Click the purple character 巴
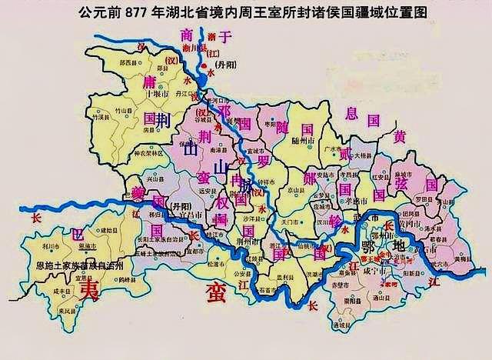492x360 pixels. click(x=75, y=233)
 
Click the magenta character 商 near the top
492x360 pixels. click(x=184, y=35)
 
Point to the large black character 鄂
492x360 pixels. click(x=367, y=249)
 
